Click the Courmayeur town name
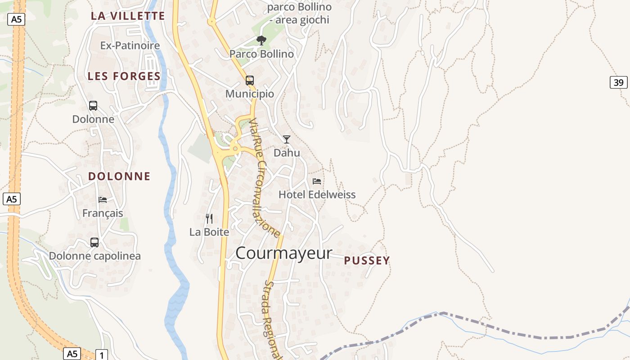283,253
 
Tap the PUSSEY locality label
367,261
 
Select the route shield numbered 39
619,82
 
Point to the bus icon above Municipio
250,81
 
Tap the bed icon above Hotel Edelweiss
317,181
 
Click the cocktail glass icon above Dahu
287,139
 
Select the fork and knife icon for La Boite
209,219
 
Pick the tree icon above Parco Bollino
261,40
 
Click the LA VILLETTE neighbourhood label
128,16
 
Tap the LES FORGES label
124,76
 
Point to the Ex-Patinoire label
130,45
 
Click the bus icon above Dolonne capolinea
94,243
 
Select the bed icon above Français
103,199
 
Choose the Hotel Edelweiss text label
317,194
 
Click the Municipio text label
250,94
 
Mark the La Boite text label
209,232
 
